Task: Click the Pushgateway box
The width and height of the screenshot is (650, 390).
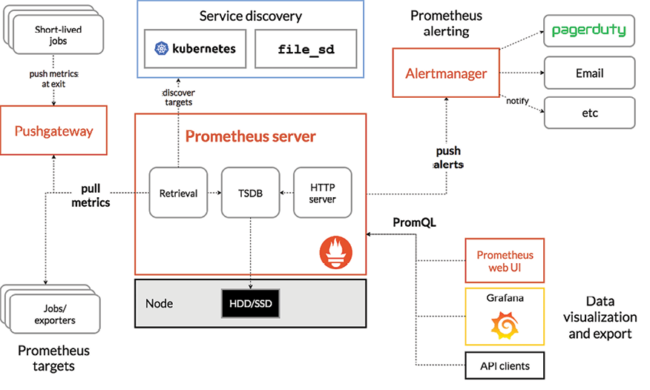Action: (54, 131)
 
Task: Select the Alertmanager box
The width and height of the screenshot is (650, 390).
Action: (446, 73)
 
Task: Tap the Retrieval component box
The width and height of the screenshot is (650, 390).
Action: (178, 193)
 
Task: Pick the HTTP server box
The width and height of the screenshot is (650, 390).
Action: (322, 193)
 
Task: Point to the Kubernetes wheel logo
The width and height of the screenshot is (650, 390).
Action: (162, 49)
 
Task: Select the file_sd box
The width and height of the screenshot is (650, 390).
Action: (305, 49)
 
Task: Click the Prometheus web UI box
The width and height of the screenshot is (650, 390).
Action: (505, 260)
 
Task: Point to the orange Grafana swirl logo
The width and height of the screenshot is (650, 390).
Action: (505, 325)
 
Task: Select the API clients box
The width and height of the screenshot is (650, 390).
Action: (505, 365)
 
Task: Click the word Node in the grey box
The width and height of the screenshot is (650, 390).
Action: (160, 304)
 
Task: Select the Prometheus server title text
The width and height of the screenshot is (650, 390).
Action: (250, 136)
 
